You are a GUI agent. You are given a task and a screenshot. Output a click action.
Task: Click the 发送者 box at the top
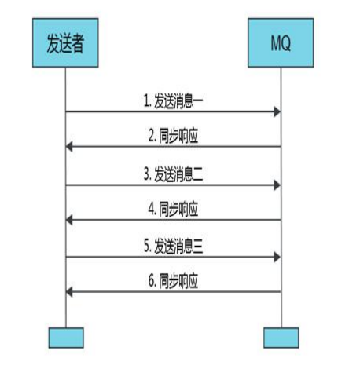[65, 43]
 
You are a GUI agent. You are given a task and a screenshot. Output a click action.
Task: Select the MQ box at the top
[281, 43]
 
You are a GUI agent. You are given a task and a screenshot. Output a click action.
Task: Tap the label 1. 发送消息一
[173, 101]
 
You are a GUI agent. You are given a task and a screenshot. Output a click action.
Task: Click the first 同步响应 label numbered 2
[173, 136]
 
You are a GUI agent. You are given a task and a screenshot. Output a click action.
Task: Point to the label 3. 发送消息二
[173, 174]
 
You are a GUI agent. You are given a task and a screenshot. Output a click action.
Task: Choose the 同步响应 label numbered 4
[173, 209]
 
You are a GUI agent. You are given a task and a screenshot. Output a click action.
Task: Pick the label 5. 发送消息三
[173, 247]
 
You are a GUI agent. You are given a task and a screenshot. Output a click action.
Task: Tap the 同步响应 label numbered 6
[173, 281]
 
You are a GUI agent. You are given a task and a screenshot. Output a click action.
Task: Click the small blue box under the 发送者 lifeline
[66, 338]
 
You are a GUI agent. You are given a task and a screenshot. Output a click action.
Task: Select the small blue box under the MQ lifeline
[281, 338]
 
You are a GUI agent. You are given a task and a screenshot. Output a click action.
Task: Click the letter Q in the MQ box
[286, 44]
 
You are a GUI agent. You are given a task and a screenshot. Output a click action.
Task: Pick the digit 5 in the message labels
[147, 247]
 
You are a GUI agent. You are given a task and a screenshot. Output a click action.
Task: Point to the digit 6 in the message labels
[152, 281]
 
